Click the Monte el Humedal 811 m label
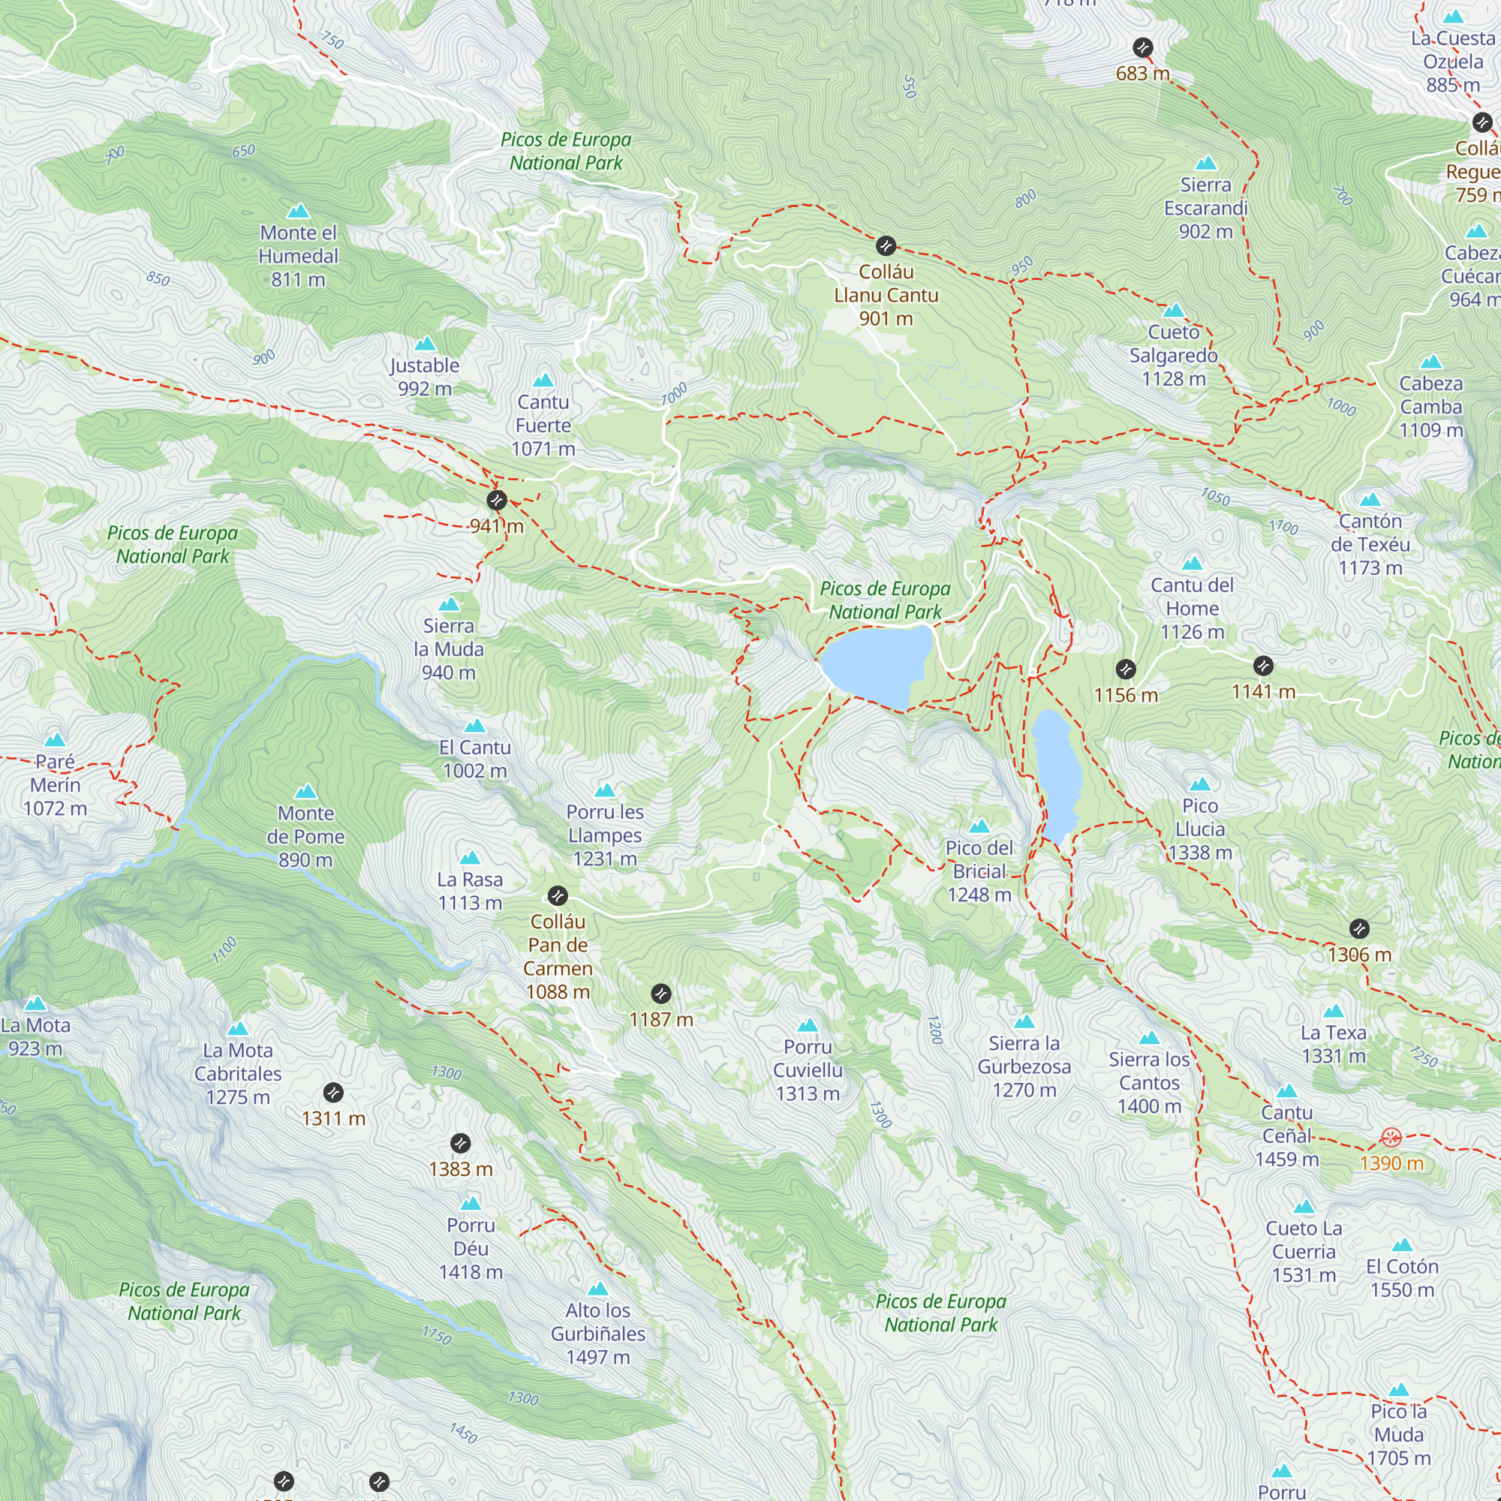299,256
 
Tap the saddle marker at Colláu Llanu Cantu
886,246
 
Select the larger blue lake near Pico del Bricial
877,665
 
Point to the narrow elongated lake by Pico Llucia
1057,777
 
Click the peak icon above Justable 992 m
425,344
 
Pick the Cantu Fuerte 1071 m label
543,425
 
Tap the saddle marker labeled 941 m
496,500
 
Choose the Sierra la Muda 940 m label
448,648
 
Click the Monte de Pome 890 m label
305,836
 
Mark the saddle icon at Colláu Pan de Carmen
558,896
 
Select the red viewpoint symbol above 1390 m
1391,1138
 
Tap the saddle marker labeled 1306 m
1359,928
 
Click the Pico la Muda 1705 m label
1398,1434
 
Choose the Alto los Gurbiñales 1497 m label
597,1333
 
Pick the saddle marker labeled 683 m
1142,47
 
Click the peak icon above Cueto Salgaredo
1174,311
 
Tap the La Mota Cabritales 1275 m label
238,1074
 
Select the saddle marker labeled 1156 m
1126,669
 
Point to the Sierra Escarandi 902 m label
1206,208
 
